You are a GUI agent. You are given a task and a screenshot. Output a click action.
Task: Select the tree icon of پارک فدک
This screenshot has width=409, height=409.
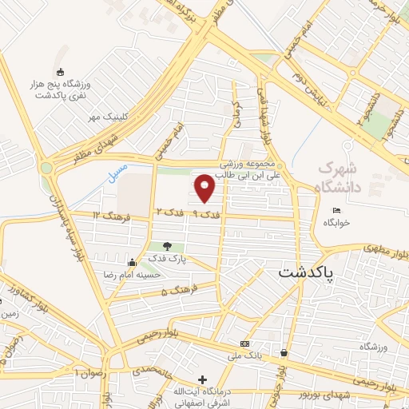pos(167,247)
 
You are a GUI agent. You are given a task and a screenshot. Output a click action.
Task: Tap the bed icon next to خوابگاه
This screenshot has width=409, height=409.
pos(336,210)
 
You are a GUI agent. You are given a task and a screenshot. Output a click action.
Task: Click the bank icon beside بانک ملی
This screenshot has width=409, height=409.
pos(244,344)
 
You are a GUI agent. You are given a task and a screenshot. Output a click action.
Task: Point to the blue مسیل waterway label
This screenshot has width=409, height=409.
pos(117,172)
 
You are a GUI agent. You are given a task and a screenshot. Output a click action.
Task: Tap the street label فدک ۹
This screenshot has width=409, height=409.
pos(207,214)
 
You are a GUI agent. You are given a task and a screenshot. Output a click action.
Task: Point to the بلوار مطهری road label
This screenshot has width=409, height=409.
pos(386,252)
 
